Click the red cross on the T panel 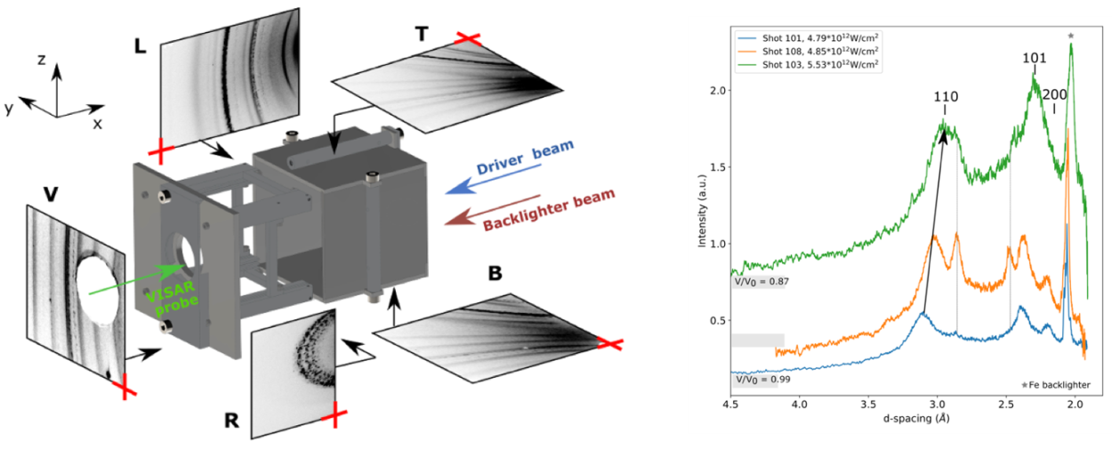(x=467, y=38)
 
